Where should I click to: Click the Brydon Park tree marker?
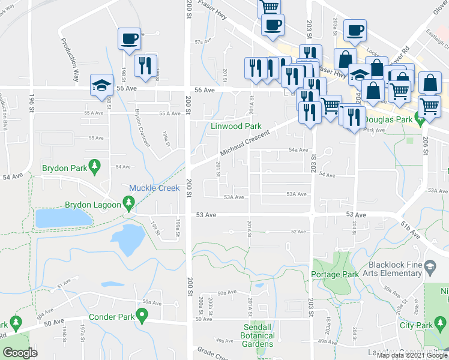tap(94, 165)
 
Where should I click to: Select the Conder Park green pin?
tap(142, 314)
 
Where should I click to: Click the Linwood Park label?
tap(235, 127)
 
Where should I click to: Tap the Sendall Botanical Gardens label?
tap(259, 335)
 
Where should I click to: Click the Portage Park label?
tap(335, 274)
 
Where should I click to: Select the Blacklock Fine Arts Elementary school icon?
tap(430, 266)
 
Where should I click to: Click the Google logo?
tap(20, 353)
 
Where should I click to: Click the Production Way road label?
tap(70, 56)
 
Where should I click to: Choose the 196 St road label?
tap(31, 102)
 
